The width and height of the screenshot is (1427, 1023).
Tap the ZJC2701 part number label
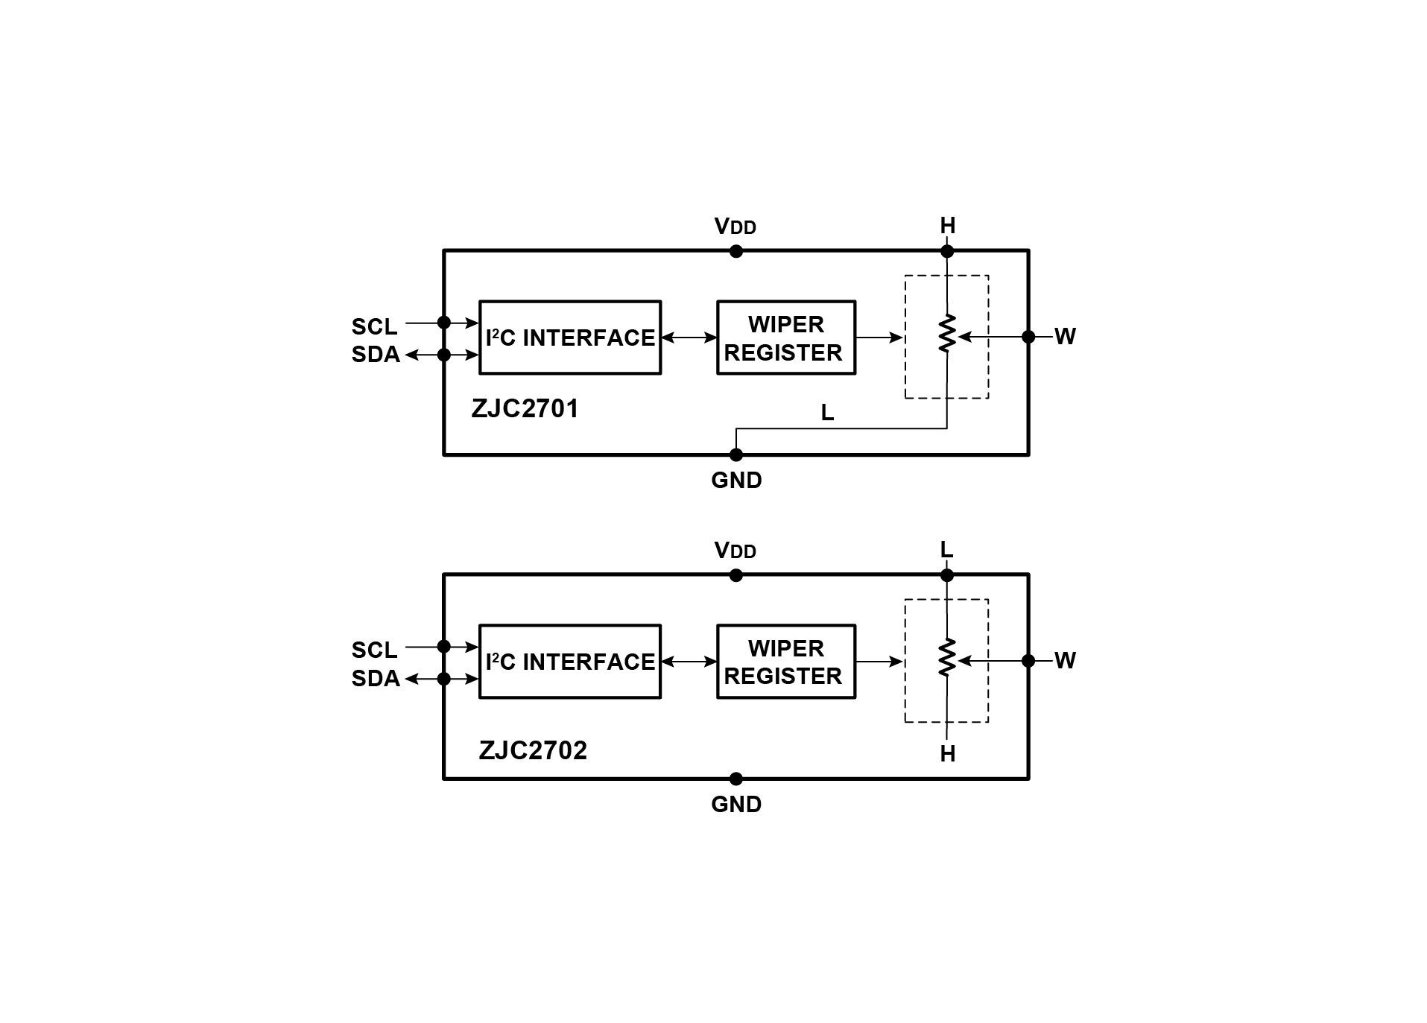(x=525, y=409)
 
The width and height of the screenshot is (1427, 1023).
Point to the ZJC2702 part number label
(x=533, y=750)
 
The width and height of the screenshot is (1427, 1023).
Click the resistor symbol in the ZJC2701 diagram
(x=947, y=333)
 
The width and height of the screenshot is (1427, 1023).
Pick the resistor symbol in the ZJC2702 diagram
(x=947, y=657)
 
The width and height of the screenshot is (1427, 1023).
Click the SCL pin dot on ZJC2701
(x=444, y=323)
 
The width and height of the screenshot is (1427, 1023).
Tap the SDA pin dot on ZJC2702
(x=444, y=679)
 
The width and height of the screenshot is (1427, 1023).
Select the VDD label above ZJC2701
(x=735, y=227)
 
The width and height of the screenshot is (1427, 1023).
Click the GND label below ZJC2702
(x=736, y=805)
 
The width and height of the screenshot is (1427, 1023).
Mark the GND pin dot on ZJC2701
(x=736, y=455)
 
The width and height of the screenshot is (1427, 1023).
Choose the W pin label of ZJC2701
(x=1066, y=337)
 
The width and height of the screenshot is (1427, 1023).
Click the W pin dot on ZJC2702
(x=1028, y=661)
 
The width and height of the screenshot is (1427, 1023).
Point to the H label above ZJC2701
(x=948, y=226)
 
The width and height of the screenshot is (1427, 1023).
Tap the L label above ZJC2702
(x=947, y=550)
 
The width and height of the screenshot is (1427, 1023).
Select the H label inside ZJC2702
(x=948, y=754)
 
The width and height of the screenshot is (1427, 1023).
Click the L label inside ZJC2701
(x=827, y=413)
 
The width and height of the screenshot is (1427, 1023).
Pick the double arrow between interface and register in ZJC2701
(x=689, y=338)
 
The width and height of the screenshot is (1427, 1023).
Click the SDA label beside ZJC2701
(x=376, y=355)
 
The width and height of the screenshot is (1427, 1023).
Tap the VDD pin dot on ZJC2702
(x=736, y=575)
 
